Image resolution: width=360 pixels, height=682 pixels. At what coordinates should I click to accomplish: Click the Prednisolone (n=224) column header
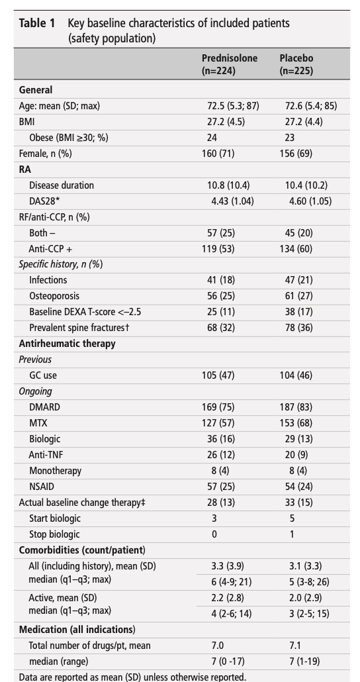pos(230,64)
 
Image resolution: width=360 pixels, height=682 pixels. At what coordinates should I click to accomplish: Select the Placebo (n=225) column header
pos(296,64)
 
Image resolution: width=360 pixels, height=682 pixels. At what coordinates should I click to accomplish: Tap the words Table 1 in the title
pos(37,23)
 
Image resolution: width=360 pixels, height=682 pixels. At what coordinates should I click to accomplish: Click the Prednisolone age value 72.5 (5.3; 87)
pos(233,106)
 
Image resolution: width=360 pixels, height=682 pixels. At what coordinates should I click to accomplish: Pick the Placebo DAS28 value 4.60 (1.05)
pos(310,201)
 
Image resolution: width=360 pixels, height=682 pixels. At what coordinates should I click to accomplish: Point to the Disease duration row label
pos(62,185)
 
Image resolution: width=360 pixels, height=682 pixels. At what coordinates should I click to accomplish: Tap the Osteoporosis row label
pos(54,296)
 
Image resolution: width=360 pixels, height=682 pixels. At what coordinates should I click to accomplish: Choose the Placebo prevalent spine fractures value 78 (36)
pos(298,328)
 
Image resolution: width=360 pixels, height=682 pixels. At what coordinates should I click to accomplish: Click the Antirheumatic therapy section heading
pos(67,344)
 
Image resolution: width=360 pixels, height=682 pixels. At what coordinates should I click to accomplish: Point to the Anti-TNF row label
pos(48,455)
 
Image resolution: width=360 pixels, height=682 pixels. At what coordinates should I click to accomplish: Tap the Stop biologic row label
pos(55,534)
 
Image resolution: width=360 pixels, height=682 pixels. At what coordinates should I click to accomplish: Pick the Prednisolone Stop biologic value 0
pos(214,534)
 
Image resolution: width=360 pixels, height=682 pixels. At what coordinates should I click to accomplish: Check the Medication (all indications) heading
pos(77,630)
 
